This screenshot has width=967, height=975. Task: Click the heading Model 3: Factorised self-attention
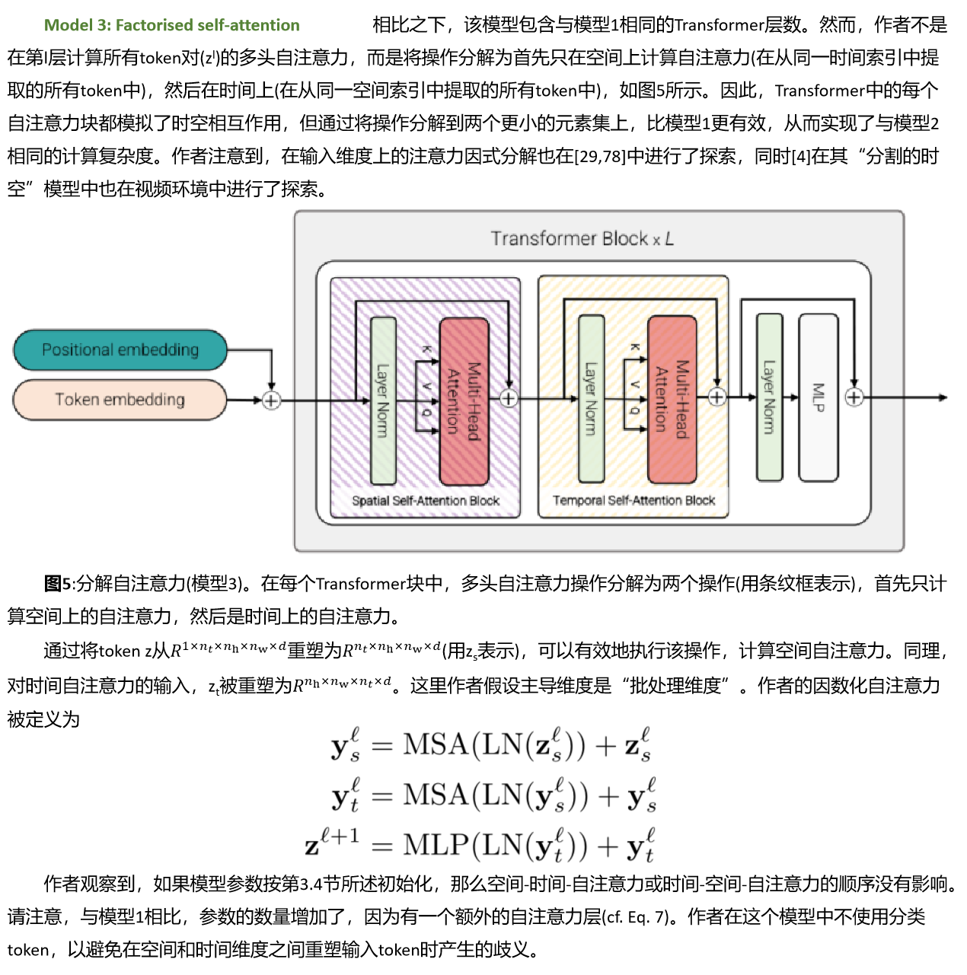tap(171, 25)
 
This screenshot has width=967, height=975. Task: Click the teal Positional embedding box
tap(120, 350)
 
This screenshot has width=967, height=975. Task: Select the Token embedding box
tap(120, 400)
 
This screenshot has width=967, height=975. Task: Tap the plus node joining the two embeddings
tap(271, 400)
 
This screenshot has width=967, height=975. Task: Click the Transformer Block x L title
tap(582, 239)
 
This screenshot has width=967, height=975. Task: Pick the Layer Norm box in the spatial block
tap(383, 400)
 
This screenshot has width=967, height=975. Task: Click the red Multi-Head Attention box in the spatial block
tap(464, 400)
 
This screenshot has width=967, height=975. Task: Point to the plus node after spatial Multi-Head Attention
tap(509, 398)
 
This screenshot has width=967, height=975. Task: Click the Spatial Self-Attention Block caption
tap(425, 501)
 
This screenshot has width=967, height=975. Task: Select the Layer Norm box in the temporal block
tap(591, 399)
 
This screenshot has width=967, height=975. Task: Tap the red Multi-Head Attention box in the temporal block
tap(672, 399)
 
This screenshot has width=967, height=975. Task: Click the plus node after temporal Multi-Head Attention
tap(716, 397)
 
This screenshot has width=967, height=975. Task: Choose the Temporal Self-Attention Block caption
tap(633, 500)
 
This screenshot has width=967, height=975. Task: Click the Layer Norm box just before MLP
tap(769, 397)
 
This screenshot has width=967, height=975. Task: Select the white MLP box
tap(819, 397)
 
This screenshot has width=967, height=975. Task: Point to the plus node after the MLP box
tap(854, 397)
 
